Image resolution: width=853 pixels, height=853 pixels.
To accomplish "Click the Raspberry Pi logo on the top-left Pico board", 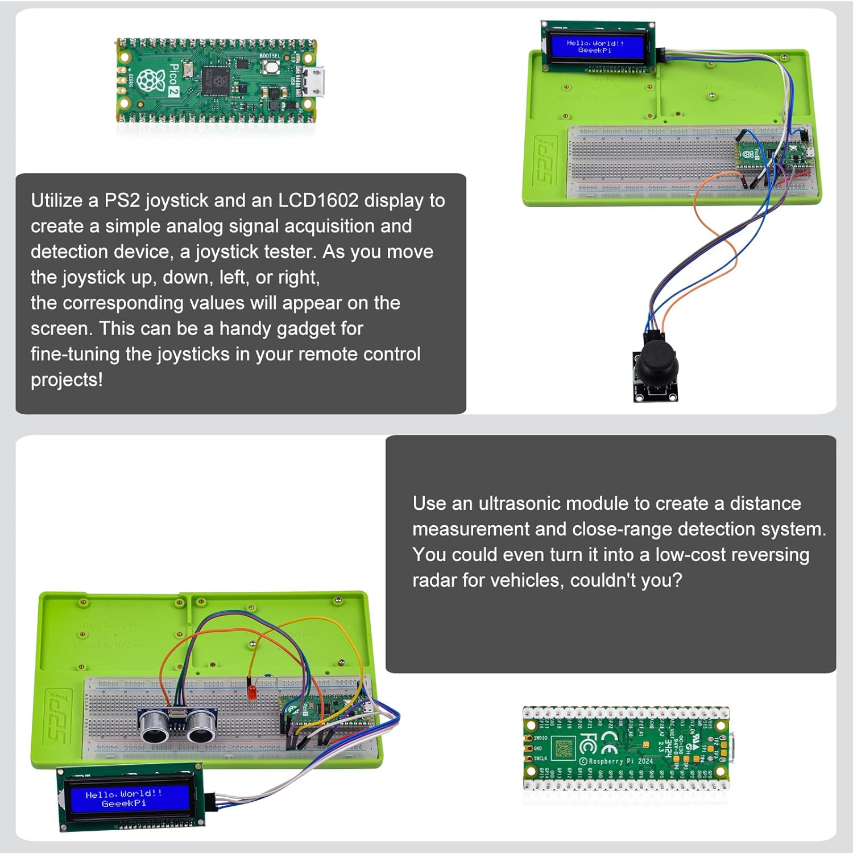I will (x=150, y=80).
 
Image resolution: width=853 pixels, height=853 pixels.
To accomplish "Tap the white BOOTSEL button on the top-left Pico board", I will (x=271, y=67).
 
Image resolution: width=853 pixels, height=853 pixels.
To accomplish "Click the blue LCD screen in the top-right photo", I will (x=595, y=47).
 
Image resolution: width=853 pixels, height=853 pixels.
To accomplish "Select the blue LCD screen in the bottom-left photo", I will (x=124, y=798).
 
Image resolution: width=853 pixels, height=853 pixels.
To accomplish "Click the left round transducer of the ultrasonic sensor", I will (x=154, y=724).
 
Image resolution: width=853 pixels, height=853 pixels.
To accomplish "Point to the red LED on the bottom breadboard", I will (x=251, y=692).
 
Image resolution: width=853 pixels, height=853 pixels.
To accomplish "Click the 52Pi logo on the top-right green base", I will (x=545, y=160).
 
